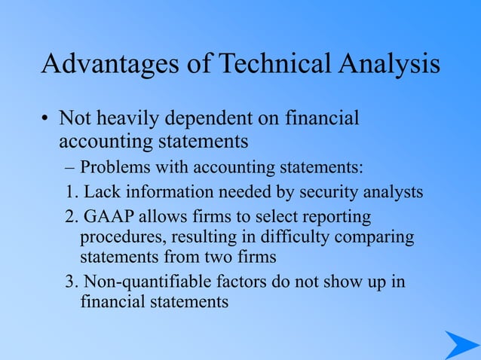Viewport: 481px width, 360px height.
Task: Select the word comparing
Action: tap(376, 237)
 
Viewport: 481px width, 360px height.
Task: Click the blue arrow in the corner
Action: tap(461, 345)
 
